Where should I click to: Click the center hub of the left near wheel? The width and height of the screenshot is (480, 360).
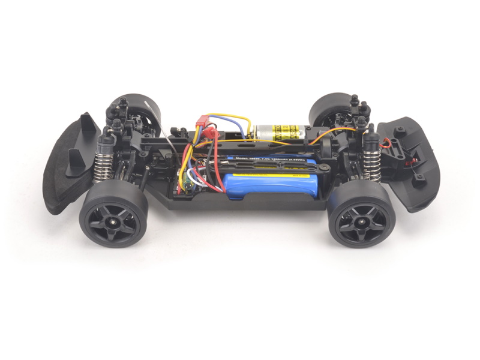[112, 220]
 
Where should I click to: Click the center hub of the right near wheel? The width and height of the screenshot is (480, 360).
[361, 222]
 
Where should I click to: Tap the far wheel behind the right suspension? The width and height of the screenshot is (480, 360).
[327, 108]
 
